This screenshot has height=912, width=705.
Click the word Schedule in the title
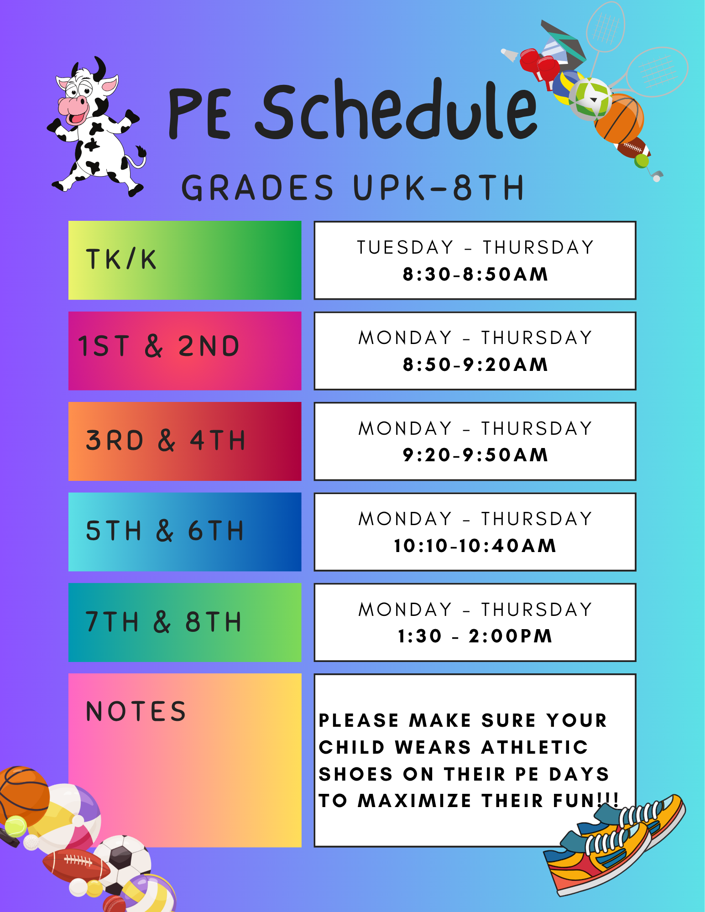(396, 110)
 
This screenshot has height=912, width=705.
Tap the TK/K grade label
(121, 260)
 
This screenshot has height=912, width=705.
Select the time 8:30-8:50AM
(475, 274)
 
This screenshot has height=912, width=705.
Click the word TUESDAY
(405, 247)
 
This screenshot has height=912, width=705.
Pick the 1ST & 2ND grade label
(159, 346)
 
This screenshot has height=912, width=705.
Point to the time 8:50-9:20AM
(475, 365)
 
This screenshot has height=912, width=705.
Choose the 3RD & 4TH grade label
(165, 440)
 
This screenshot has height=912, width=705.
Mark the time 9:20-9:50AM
(475, 455)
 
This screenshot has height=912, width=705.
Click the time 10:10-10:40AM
(475, 545)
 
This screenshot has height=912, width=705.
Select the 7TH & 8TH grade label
(163, 621)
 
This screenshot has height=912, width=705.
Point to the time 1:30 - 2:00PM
(475, 636)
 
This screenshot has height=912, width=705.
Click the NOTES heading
(136, 711)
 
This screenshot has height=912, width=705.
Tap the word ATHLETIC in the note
(535, 747)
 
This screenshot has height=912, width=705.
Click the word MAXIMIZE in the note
(414, 801)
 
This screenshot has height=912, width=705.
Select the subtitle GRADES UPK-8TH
(353, 188)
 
